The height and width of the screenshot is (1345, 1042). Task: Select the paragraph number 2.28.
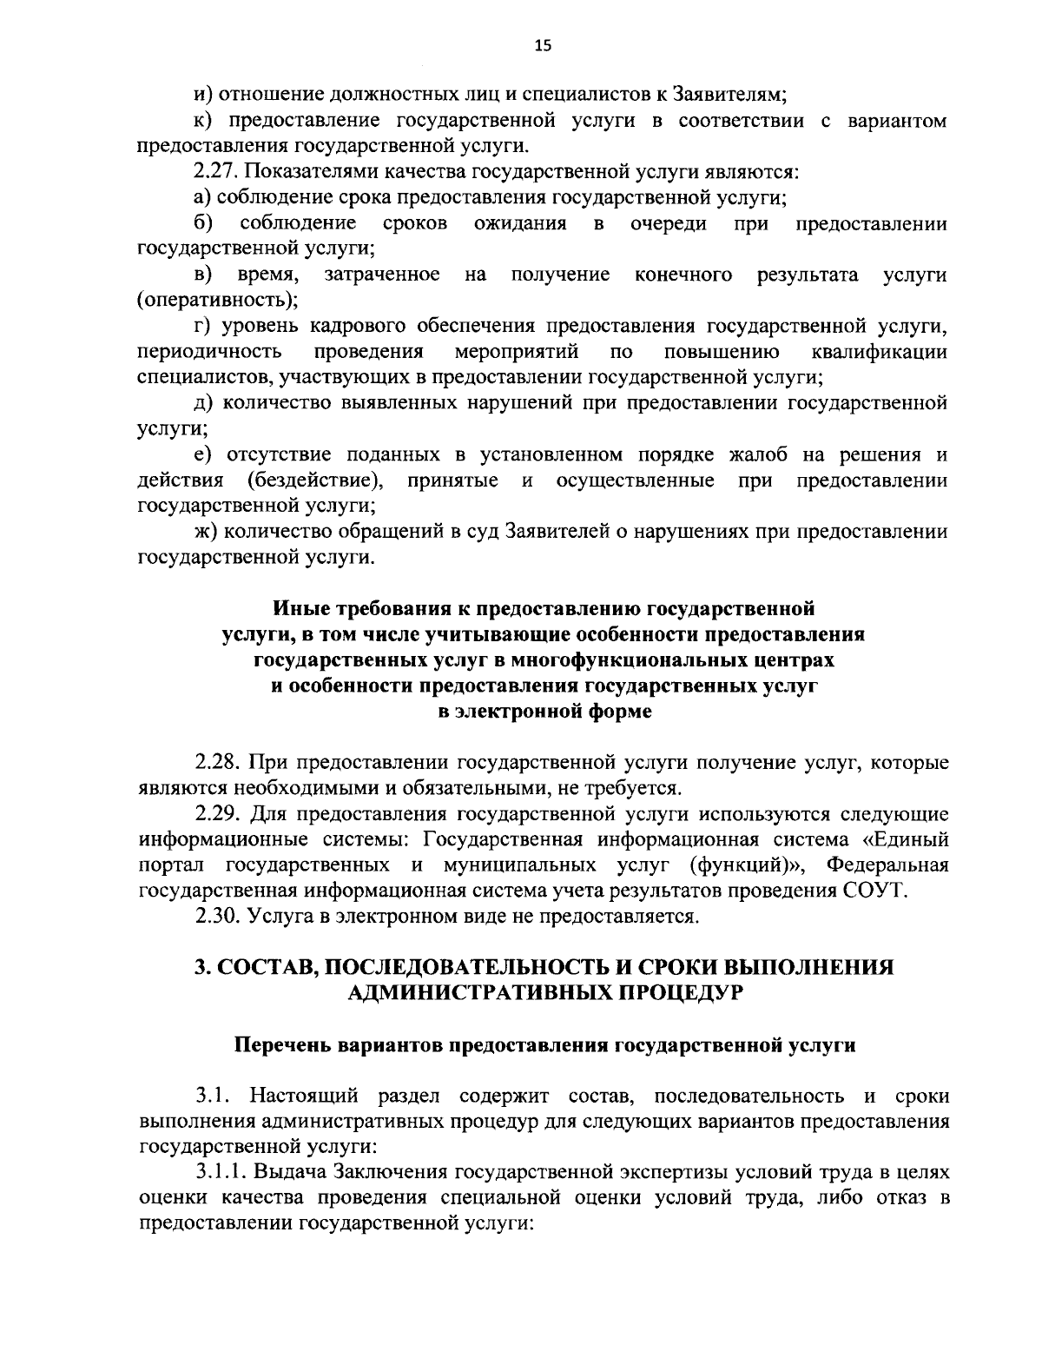click(217, 763)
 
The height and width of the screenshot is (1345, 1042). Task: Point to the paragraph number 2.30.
click(217, 916)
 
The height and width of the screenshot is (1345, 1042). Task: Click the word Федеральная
click(887, 865)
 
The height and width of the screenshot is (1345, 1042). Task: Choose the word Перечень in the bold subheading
click(275, 1044)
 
